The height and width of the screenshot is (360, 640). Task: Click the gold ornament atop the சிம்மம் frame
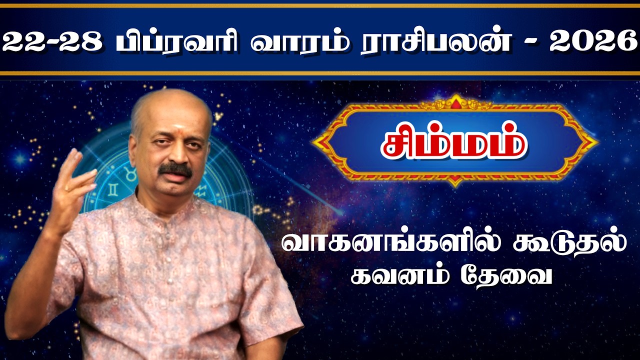455,102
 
